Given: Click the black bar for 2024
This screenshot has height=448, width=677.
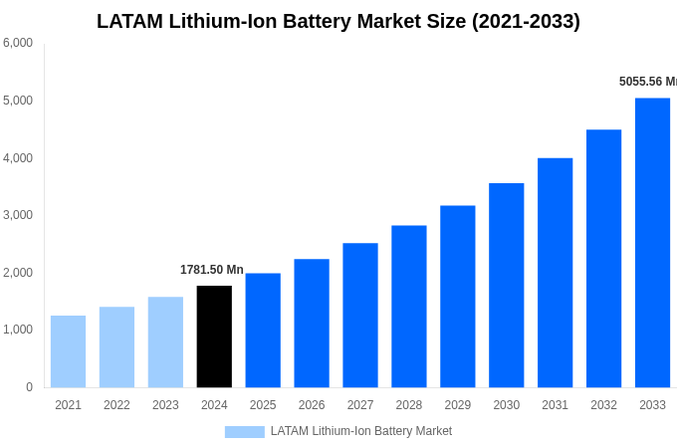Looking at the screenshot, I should coord(214,336).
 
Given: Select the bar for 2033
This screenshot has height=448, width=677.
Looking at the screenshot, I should coord(652,243).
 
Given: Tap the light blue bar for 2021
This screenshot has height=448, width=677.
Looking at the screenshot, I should coord(68,351).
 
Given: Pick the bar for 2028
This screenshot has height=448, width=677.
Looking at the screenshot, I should coord(408,307).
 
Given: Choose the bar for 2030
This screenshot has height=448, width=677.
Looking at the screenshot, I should coord(506,286).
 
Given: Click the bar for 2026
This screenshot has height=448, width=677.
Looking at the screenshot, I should coord(312,324).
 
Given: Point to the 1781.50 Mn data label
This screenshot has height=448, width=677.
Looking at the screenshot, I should coord(211,270).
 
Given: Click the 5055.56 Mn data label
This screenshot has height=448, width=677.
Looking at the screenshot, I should coord(647,82).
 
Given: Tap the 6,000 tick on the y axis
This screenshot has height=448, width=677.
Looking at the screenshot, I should coord(18,43).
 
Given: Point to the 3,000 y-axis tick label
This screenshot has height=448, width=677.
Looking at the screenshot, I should coord(18,215).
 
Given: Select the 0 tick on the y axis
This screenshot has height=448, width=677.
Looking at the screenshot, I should coord(29,387).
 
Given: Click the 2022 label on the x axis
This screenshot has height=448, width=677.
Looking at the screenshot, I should coord(116,405).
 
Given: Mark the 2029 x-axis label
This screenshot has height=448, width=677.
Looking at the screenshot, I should coord(457,405).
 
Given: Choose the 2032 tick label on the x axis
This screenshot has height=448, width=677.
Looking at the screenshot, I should coord(603,405).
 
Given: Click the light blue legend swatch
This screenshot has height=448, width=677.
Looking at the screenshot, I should coord(244,432).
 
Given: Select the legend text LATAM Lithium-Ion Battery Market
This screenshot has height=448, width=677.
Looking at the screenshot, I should coord(360,431).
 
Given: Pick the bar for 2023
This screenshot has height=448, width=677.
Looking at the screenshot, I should coord(165,342).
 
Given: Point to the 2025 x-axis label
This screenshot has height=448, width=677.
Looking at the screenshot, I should coord(263,405).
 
